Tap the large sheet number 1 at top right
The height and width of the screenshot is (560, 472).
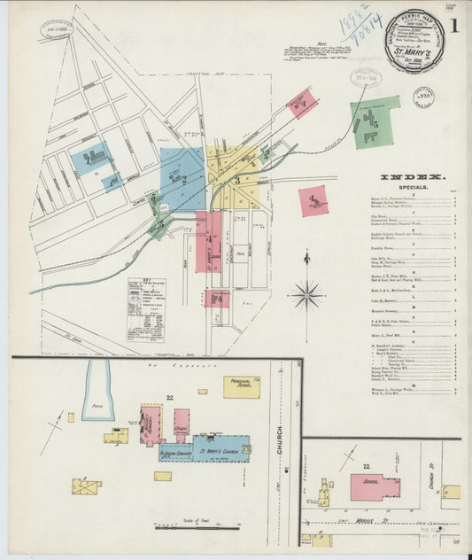pyautogui.click(x=453, y=27)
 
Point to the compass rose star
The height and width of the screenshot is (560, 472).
pyautogui.click(x=306, y=293)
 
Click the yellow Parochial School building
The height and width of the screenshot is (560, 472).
pyautogui.click(x=241, y=387)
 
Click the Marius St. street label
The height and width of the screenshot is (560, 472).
pyautogui.click(x=380, y=520)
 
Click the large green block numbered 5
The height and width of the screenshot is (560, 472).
pyautogui.click(x=375, y=123)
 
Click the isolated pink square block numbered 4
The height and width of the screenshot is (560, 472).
pyautogui.click(x=313, y=200)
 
